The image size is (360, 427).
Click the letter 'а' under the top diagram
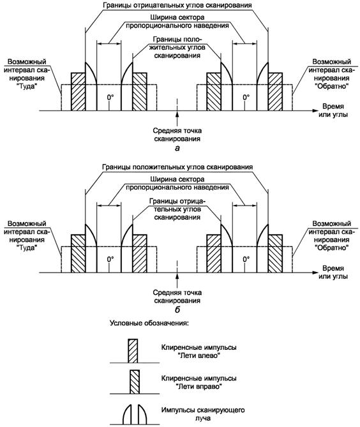point(177,149)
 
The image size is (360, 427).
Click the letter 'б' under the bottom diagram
point(177,310)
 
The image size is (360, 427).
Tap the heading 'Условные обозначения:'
point(149,323)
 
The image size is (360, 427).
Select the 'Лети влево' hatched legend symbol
point(133,351)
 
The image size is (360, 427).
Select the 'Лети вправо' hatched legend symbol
point(135,382)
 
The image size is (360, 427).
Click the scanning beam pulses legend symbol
point(135,414)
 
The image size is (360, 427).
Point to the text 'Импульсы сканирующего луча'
point(202,414)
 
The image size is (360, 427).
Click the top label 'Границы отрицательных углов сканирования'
point(177,5)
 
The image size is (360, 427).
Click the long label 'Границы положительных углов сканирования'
point(177,167)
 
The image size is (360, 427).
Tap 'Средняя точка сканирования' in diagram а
point(177,135)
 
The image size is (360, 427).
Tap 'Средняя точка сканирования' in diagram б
point(177,297)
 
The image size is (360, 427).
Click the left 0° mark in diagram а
point(110,97)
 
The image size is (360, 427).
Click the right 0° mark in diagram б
point(246,259)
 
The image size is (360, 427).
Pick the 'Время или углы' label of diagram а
point(333,110)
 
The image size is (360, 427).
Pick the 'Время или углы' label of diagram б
point(333,273)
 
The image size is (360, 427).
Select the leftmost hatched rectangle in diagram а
point(78,91)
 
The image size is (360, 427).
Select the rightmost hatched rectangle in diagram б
point(275,253)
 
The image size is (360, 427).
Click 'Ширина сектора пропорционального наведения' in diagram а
point(177,22)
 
